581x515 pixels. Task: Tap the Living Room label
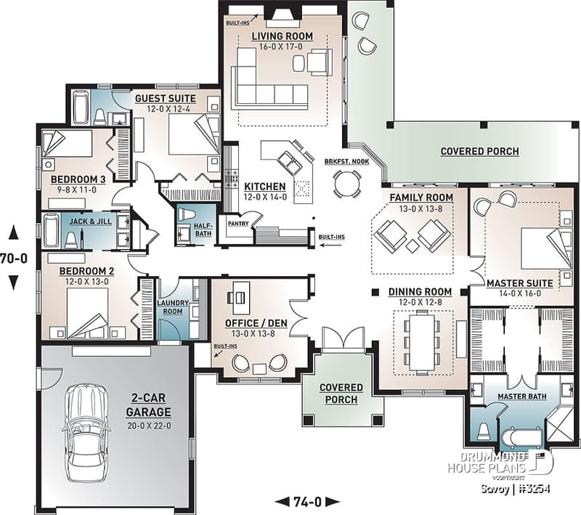pyautogui.click(x=283, y=36)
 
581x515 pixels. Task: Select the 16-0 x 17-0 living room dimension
pyautogui.click(x=283, y=46)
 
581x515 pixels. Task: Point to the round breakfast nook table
pyautogui.click(x=346, y=184)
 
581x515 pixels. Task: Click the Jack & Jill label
pyautogui.click(x=91, y=221)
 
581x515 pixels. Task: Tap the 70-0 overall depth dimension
pyautogui.click(x=15, y=257)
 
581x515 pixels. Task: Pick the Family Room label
pyautogui.click(x=421, y=198)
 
